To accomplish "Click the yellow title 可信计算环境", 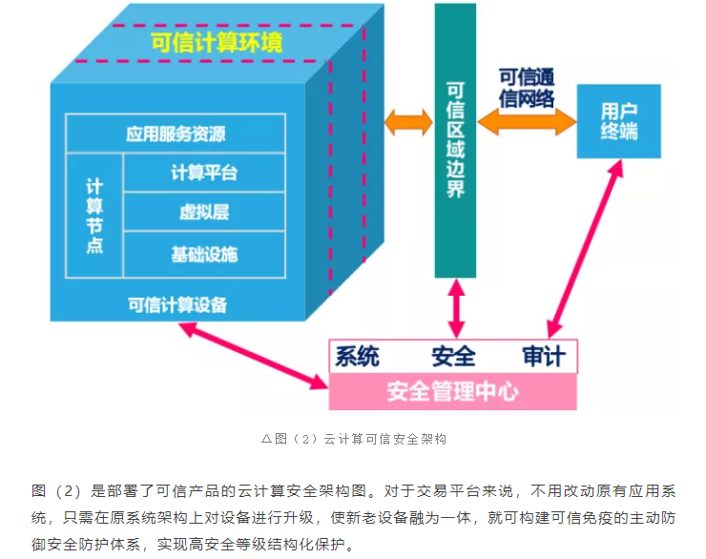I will (x=217, y=43).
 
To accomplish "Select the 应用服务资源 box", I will (x=176, y=134).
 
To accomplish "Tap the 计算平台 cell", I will (x=204, y=173).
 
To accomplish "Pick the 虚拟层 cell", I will (x=204, y=213).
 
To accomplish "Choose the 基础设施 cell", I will (x=204, y=254).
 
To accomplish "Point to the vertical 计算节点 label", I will (x=94, y=214).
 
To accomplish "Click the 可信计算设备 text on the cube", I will (x=177, y=304).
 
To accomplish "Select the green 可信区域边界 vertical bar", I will (x=455, y=141).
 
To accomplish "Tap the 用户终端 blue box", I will (x=619, y=121).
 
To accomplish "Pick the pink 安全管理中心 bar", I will (x=453, y=391).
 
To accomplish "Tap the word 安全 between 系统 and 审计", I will (x=453, y=357).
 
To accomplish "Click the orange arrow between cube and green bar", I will (x=408, y=122).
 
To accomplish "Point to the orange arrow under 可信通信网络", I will (x=527, y=121).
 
